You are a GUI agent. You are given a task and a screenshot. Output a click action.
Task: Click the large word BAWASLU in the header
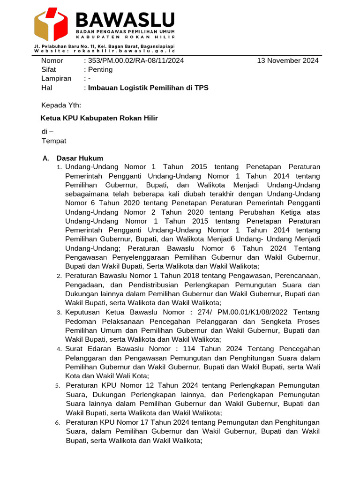[x=125, y=19]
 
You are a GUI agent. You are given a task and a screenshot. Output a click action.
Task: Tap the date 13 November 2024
[x=288, y=60]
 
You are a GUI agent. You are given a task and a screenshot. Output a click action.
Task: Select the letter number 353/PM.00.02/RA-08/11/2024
[x=135, y=60]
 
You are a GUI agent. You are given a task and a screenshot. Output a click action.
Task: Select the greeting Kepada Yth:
[x=61, y=105]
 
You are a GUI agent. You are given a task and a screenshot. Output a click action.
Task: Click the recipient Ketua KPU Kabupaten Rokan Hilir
[x=99, y=118]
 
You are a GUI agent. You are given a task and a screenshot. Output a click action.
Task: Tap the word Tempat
[x=54, y=141]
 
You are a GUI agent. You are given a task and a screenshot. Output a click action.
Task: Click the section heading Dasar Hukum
[x=80, y=158]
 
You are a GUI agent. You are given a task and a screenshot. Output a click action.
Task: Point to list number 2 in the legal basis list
[x=60, y=276]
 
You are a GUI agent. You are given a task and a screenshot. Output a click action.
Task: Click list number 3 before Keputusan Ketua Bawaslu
[x=60, y=313]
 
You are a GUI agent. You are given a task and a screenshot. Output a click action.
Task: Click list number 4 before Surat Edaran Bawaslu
[x=60, y=349]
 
